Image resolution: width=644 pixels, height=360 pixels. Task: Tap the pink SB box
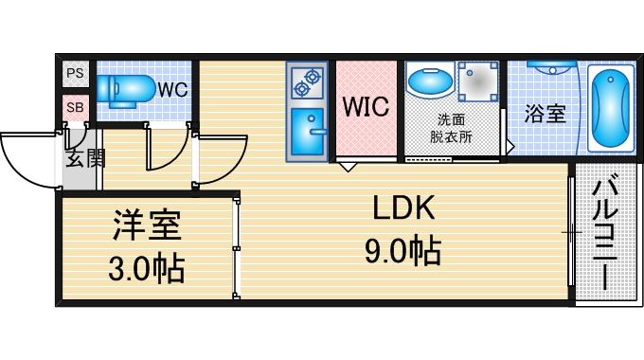pyautogui.click(x=75, y=107)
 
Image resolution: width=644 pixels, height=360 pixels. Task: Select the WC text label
pyautogui.click(x=172, y=90)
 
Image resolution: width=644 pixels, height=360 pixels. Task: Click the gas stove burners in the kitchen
pyautogui.click(x=306, y=83)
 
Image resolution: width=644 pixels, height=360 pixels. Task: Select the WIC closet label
pyautogui.click(x=366, y=106)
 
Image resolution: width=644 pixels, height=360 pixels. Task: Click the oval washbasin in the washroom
pyautogui.click(x=431, y=81)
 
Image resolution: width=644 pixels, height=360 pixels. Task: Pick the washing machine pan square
pyautogui.click(x=479, y=81)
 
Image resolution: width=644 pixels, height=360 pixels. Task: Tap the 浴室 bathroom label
pyautogui.click(x=546, y=114)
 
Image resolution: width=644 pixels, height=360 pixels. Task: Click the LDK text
pyautogui.click(x=401, y=209)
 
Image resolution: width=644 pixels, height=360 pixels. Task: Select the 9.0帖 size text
pyautogui.click(x=402, y=251)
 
